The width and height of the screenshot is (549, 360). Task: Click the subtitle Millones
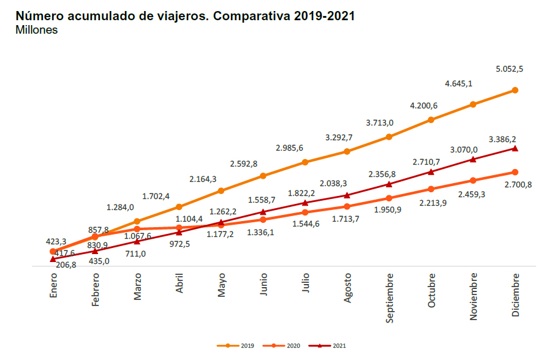pyautogui.click(x=36, y=30)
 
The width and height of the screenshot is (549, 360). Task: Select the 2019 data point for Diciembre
pyautogui.click(x=515, y=90)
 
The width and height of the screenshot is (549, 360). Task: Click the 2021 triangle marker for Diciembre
pyautogui.click(x=515, y=148)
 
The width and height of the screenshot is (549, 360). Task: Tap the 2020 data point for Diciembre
pyautogui.click(x=515, y=172)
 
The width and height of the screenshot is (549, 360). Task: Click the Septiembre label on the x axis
pyautogui.click(x=390, y=296)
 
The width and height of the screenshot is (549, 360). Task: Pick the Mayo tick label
pyautogui.click(x=221, y=286)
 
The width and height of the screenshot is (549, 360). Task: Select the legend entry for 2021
pyautogui.click(x=329, y=345)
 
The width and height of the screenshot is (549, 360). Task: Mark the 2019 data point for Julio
pyautogui.click(x=305, y=162)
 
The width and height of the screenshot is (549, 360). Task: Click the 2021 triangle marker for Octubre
pyautogui.click(x=431, y=171)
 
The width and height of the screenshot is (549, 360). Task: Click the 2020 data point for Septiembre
pyautogui.click(x=389, y=198)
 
